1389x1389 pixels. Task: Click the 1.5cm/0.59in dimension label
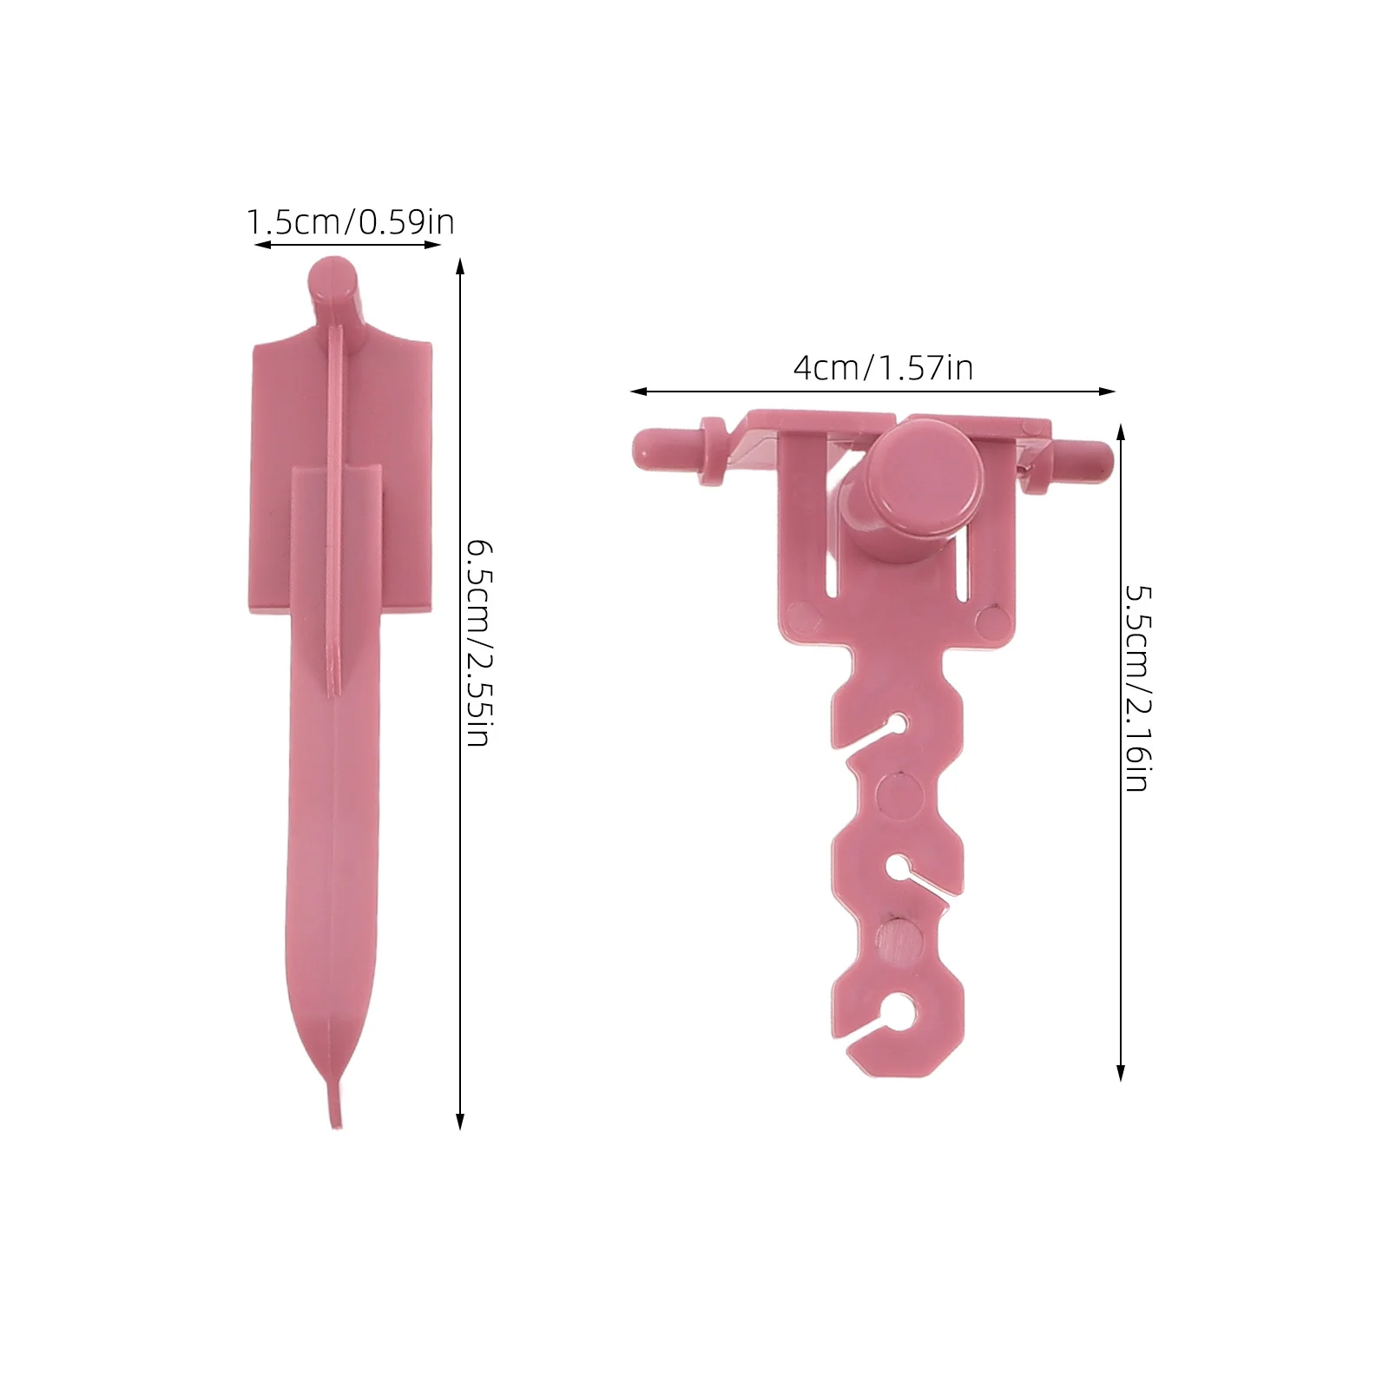(351, 222)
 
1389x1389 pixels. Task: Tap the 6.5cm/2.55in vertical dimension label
(479, 642)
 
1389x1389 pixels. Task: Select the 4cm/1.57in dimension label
(883, 368)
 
